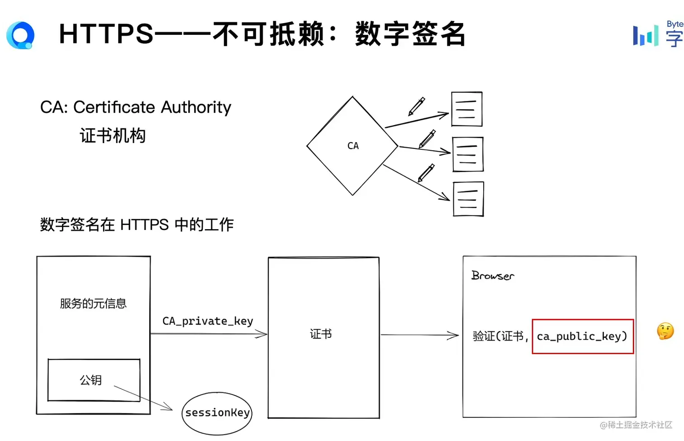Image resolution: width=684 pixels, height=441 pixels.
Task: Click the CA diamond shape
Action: click(352, 146)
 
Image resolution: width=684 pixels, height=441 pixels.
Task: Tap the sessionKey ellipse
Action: click(217, 413)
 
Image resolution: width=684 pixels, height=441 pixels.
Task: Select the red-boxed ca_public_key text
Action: click(582, 336)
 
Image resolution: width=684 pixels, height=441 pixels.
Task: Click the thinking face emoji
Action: click(665, 331)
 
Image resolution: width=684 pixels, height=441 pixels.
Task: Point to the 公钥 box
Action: click(94, 380)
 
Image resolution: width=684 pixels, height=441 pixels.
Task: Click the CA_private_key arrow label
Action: click(208, 321)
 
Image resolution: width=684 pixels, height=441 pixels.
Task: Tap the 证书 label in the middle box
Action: click(321, 334)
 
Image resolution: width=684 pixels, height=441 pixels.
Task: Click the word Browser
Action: click(493, 276)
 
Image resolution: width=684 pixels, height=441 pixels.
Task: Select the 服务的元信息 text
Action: click(93, 303)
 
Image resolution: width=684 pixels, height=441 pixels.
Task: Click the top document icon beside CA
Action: click(466, 109)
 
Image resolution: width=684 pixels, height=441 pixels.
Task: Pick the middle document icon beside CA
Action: click(468, 154)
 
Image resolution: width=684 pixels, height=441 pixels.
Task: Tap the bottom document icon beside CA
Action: click(468, 199)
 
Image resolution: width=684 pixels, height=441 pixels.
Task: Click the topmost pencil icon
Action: click(417, 106)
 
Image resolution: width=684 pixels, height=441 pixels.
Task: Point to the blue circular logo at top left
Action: click(20, 35)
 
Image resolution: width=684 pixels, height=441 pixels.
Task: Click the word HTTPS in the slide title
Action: click(106, 34)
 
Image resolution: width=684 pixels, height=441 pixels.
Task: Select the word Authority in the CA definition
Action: click(196, 107)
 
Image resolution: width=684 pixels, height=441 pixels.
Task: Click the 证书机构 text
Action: click(113, 136)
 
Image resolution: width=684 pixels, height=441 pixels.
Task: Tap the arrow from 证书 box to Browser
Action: click(420, 335)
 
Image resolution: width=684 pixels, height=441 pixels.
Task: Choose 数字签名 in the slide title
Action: click(410, 34)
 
